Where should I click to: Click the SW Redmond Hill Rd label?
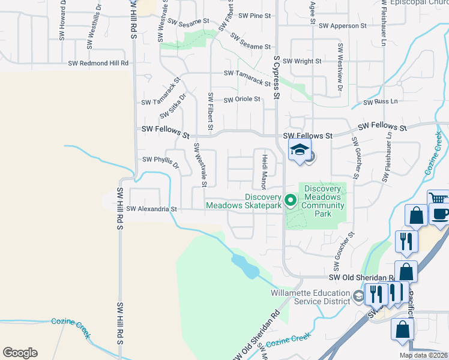pos(98,63)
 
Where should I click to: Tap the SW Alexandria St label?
pos(152,209)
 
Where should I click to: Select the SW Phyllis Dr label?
pos(160,160)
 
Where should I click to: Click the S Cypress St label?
pos(277,77)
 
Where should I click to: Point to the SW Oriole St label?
pos(242,99)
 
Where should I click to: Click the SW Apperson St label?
pos(342,26)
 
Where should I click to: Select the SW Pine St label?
pos(255,16)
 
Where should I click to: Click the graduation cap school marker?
pos(300,151)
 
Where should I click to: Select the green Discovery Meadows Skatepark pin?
pos(291,200)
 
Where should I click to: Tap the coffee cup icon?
pos(440,214)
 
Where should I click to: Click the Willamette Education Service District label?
pos(310,297)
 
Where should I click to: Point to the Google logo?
pos(20,353)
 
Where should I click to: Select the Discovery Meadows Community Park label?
pos(322,201)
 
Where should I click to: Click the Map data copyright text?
pos(423,355)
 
